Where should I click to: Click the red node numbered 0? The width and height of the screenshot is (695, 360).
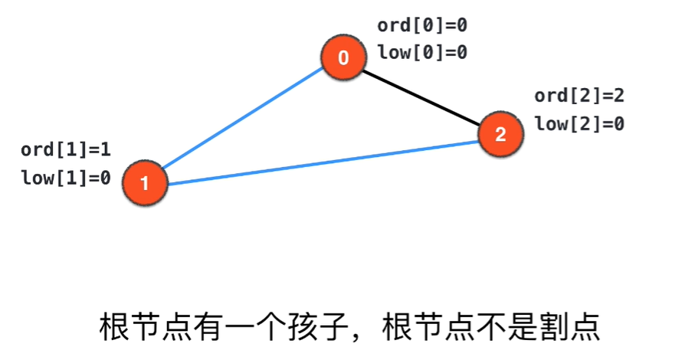pyautogui.click(x=343, y=58)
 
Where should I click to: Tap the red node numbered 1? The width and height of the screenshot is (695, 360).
pyautogui.click(x=145, y=183)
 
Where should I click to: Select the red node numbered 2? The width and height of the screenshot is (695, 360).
pyautogui.click(x=500, y=135)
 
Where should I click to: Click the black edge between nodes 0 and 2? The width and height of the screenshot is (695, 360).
pyautogui.click(x=421, y=96)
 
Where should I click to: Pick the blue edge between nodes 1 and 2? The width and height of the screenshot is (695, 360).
pyautogui.click(x=322, y=160)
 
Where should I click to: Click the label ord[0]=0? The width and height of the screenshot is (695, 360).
pyautogui.click(x=422, y=25)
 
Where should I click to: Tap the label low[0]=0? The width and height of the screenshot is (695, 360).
pyautogui.click(x=422, y=53)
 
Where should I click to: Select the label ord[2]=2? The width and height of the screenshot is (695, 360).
pyautogui.click(x=579, y=96)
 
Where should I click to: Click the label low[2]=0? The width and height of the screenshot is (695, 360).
pyautogui.click(x=579, y=123)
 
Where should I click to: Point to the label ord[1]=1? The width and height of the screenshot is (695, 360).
pyautogui.click(x=66, y=151)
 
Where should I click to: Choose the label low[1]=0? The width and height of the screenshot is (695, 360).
pyautogui.click(x=66, y=178)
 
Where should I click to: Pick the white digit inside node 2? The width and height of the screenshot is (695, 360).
pyautogui.click(x=500, y=135)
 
